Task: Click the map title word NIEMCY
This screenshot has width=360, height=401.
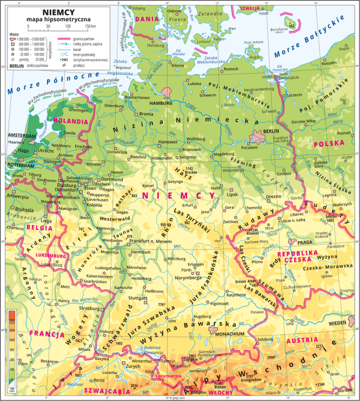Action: (57, 8)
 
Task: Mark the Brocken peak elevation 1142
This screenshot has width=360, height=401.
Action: (190, 169)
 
